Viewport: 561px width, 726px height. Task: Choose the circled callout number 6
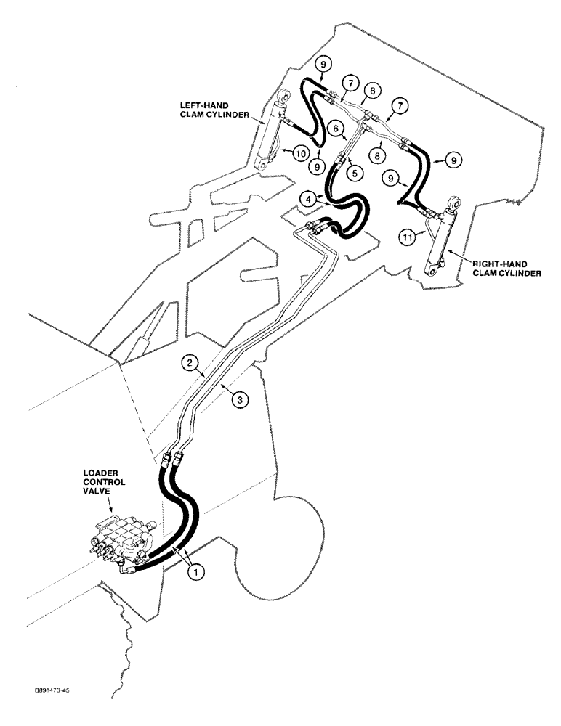point(337,127)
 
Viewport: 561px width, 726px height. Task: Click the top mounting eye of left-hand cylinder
point(285,96)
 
